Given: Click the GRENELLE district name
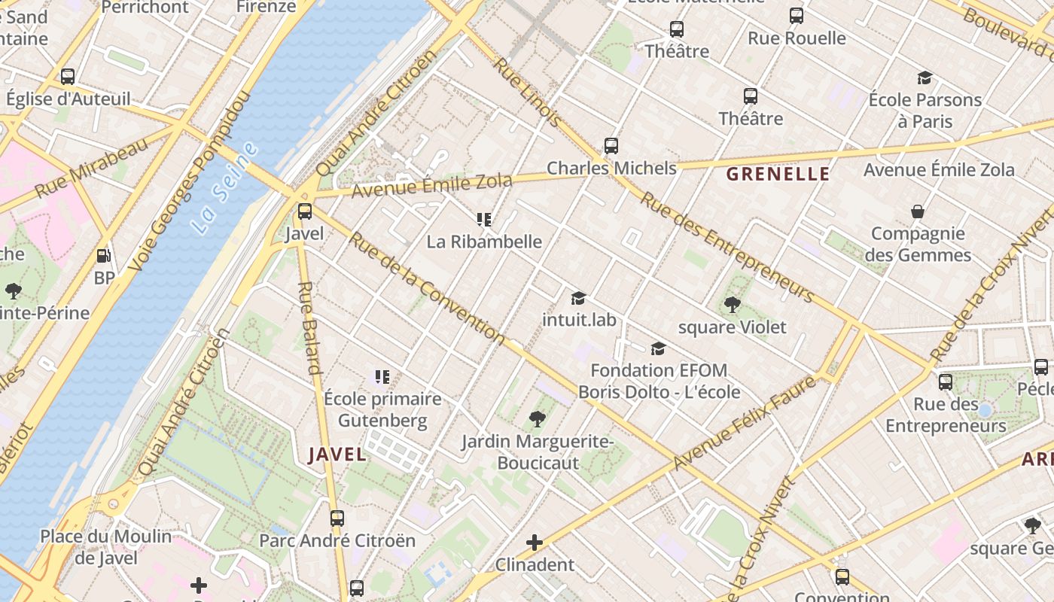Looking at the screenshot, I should click(778, 175).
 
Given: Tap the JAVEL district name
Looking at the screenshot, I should click(337, 455).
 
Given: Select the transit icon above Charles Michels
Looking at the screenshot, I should click(611, 146).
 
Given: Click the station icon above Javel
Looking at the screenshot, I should click(305, 211).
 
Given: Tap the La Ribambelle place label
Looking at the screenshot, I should click(484, 242).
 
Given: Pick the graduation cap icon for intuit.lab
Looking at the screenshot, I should click(578, 299).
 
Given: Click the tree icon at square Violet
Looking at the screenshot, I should click(732, 305).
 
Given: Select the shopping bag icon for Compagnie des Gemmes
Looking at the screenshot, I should click(918, 211).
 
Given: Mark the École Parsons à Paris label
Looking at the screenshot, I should click(925, 111).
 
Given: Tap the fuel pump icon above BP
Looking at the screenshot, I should click(104, 256).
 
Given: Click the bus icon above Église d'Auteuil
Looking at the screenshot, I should click(68, 77).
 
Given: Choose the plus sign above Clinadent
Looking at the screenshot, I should click(535, 543).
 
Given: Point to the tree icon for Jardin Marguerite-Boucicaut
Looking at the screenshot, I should click(538, 419).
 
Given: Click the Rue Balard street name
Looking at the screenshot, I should click(310, 328).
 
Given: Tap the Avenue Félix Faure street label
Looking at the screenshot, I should click(745, 423).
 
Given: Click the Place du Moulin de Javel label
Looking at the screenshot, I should click(106, 547).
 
